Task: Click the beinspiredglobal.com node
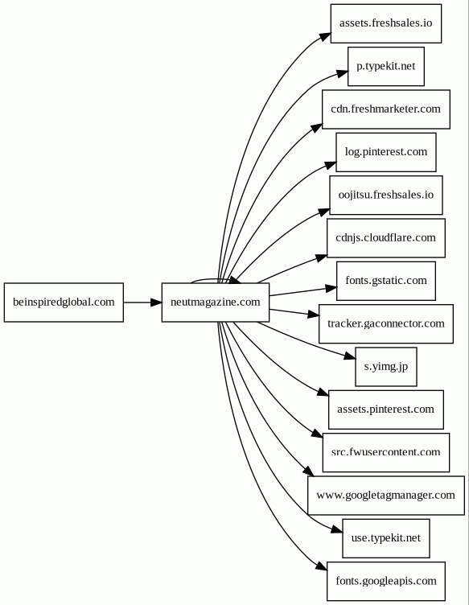pos(64,302)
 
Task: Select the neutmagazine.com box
pos(216,302)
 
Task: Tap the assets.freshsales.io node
pos(386,23)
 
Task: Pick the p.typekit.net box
pos(386,66)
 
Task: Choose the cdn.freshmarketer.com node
pos(386,109)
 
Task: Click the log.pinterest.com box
pos(386,152)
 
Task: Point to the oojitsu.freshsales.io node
pos(386,195)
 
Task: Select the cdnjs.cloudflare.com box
pos(386,238)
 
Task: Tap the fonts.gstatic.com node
pos(386,281)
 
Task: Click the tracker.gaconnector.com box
pos(386,323)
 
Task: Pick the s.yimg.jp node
pos(386,367)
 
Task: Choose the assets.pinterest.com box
pos(386,410)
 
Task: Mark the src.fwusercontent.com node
pos(386,452)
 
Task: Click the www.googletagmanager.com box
pos(386,496)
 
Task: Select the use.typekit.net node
pos(386,538)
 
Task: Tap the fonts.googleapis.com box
pos(386,581)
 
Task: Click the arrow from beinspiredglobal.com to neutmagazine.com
pos(142,302)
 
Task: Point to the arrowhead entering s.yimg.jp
pos(349,356)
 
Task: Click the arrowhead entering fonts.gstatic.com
pos(331,288)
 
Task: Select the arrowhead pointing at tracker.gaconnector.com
pos(314,315)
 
